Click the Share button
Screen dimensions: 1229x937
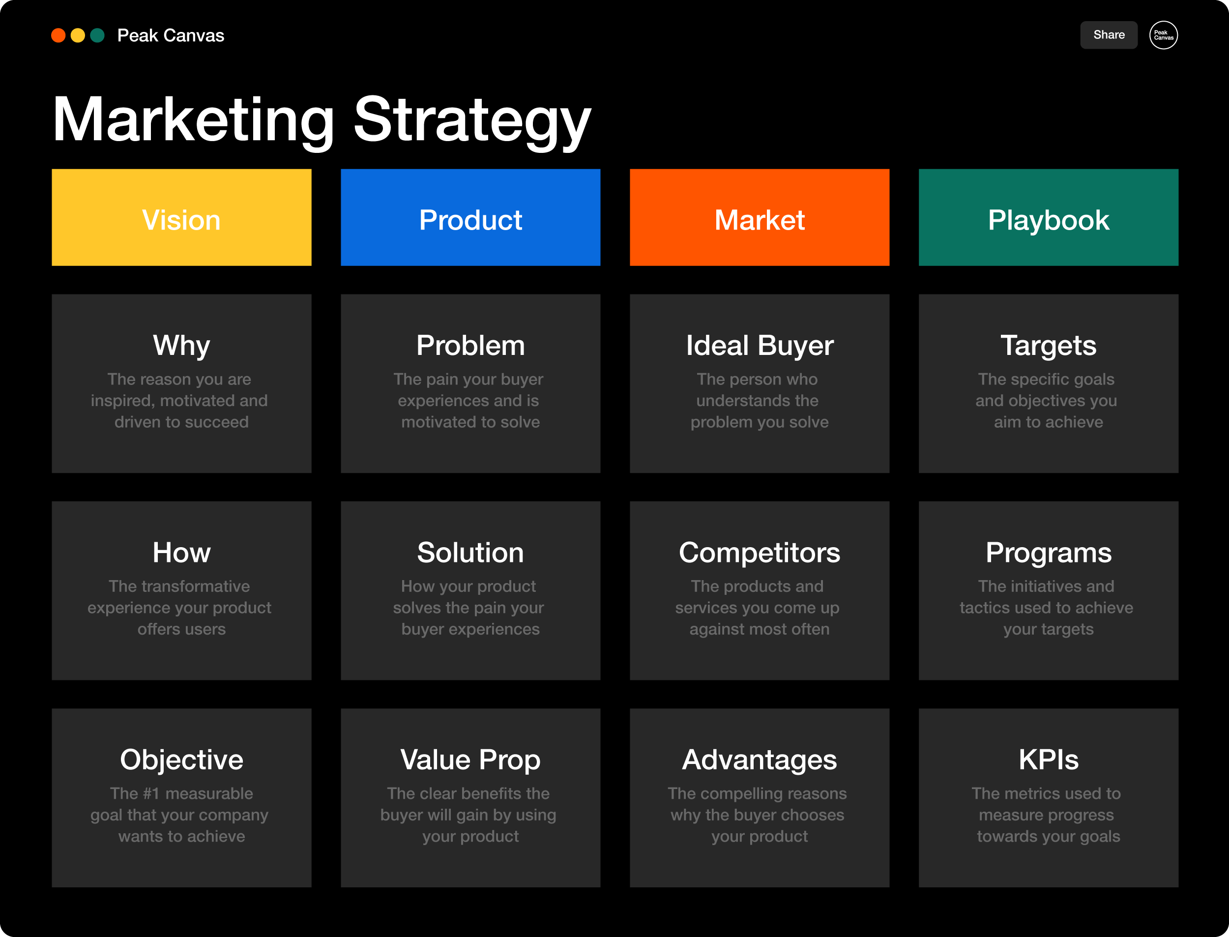point(1109,35)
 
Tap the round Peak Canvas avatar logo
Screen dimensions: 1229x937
point(1163,35)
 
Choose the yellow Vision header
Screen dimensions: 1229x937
point(182,217)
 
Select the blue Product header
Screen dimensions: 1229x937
point(470,217)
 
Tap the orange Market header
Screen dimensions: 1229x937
point(760,217)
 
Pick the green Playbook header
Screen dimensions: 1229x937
point(1048,217)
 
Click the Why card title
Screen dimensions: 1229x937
point(182,346)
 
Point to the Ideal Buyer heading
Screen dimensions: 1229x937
point(760,346)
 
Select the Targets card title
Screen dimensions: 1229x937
point(1048,346)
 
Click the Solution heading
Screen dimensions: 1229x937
point(470,553)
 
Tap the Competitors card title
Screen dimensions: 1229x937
point(760,553)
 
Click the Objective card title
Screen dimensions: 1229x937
point(182,760)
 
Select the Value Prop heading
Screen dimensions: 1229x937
point(470,760)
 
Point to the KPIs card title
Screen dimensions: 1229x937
point(1048,760)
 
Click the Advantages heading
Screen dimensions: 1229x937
point(760,760)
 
